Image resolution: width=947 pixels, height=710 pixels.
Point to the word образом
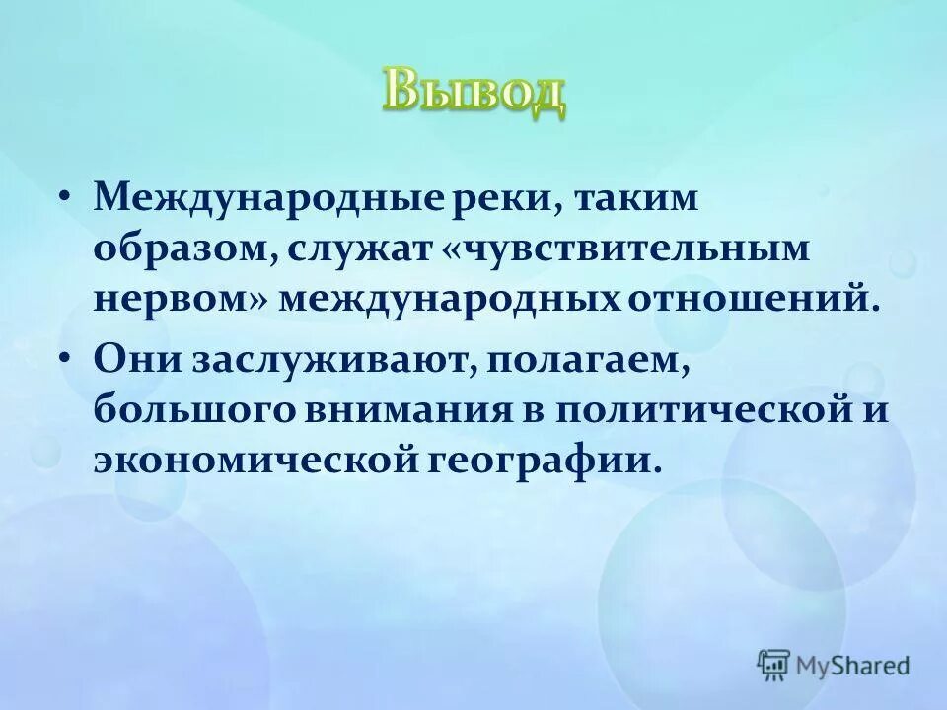pyautogui.click(x=182, y=248)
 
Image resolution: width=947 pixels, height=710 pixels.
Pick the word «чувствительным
pyautogui.click(x=623, y=248)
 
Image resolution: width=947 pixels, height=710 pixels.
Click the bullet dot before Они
pyautogui.click(x=65, y=359)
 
